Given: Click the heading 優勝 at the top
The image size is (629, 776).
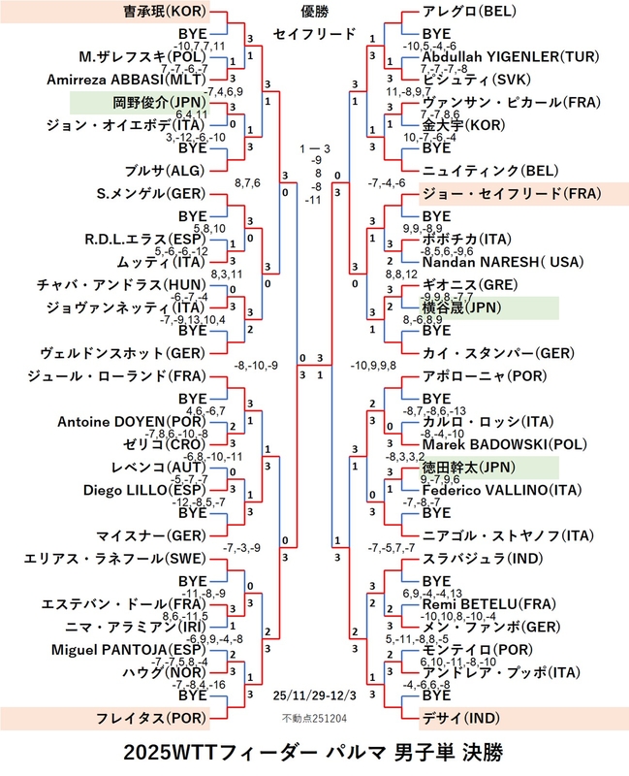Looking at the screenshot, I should coord(314,13).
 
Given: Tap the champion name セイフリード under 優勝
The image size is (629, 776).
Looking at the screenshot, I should coord(314,35).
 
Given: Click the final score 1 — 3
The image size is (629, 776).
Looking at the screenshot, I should coord(314,148).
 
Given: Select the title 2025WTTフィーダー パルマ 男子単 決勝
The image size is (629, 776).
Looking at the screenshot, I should coord(314,753).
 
